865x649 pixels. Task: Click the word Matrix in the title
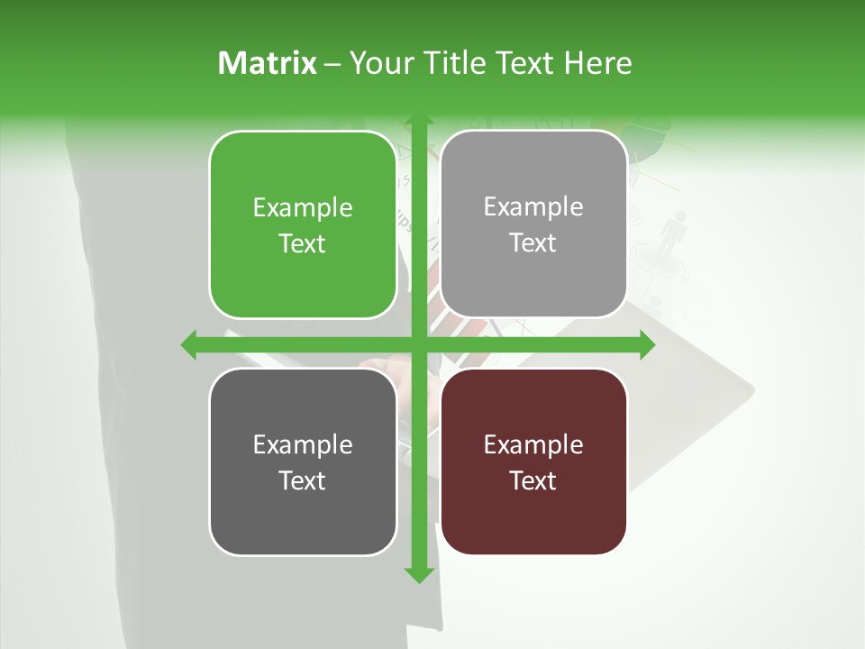point(268,63)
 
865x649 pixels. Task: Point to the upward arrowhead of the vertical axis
point(418,120)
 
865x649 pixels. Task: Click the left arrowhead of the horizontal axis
point(188,345)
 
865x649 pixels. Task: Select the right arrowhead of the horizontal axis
point(647,345)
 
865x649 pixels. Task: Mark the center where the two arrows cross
point(418,345)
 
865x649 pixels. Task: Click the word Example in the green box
point(303,208)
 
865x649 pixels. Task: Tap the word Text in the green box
point(303,243)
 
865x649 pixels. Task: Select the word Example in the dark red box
point(533,444)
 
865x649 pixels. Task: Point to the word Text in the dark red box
point(533,480)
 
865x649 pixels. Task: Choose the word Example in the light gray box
point(533,207)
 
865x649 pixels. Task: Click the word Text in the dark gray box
point(303,480)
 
